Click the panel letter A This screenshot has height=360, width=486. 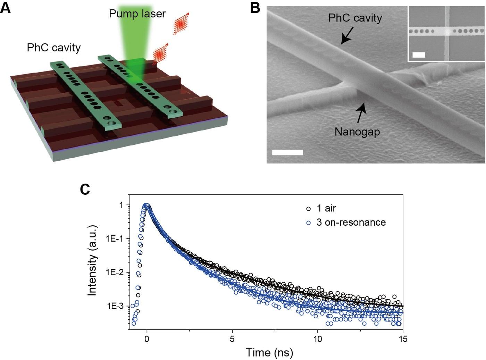5,7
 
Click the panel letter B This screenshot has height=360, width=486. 255,7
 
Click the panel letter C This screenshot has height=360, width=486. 85,189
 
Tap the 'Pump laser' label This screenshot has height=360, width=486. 137,14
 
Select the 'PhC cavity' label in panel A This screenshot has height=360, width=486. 54,47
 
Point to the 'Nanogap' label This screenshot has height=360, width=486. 357,132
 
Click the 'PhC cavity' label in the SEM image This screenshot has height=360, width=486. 355,18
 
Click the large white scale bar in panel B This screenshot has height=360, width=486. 287,152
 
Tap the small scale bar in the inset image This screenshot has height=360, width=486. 419,55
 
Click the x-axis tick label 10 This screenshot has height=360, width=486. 318,339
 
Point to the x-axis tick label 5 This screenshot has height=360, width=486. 232,339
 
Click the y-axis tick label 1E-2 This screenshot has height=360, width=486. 115,273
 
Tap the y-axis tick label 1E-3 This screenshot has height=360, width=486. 115,306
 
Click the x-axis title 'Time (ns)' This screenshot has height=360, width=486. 269,352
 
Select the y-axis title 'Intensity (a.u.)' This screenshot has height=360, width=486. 92,260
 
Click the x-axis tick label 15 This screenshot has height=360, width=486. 403,339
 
